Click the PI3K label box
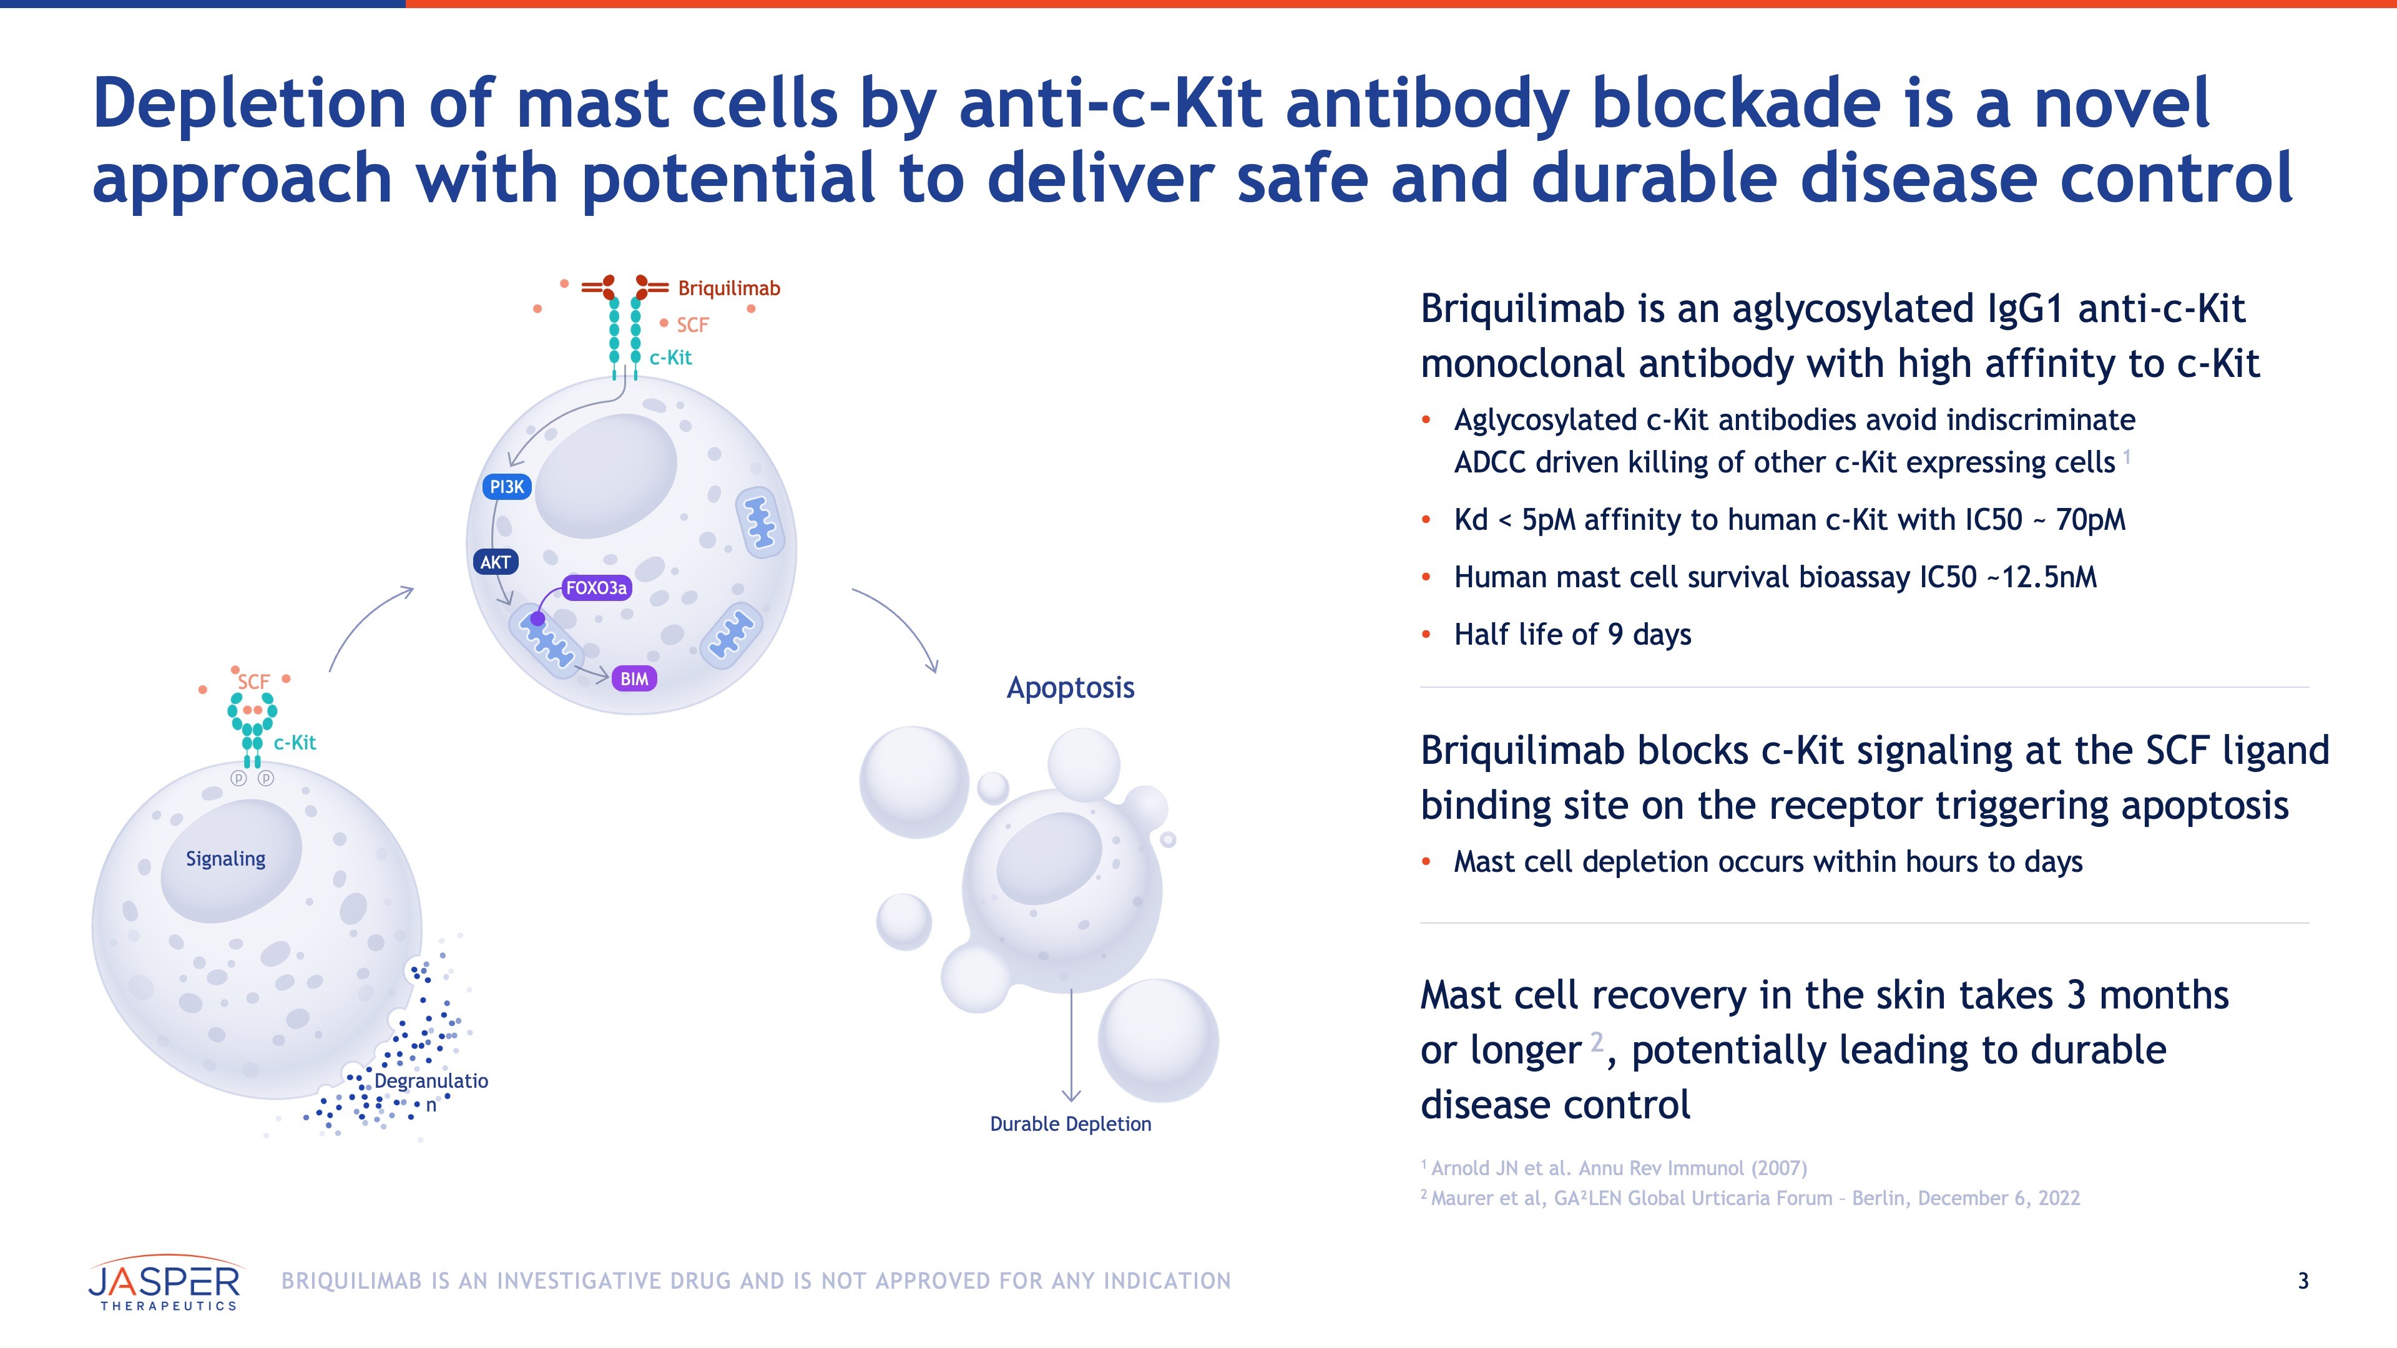[x=507, y=487]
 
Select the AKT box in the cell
[x=495, y=562]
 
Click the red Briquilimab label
[x=728, y=288]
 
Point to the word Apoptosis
[x=1070, y=688]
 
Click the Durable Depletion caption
[x=1070, y=1124]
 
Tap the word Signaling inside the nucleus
[x=225, y=859]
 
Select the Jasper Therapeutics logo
[x=165, y=1283]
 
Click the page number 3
[x=2303, y=1281]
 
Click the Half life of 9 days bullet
[x=1572, y=635]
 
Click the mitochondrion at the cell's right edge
[x=760, y=522]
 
